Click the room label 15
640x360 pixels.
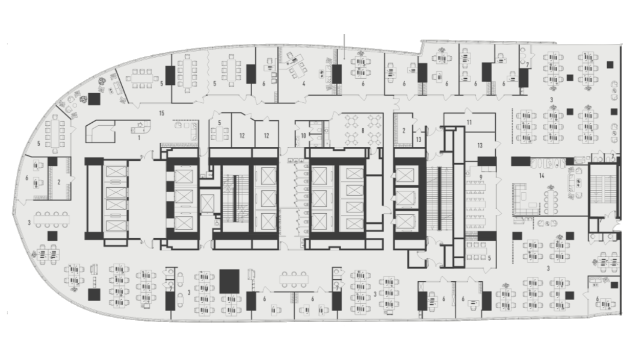(x=162, y=114)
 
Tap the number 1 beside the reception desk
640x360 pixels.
(x=139, y=138)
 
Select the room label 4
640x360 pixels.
(x=304, y=84)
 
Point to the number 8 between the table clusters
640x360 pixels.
(x=363, y=131)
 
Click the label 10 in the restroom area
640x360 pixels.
(x=303, y=136)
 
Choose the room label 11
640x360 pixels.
(x=469, y=123)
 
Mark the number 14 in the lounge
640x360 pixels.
(x=542, y=176)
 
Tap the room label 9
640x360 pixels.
(x=481, y=177)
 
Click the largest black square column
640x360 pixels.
(x=229, y=281)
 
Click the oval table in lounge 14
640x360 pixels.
(x=550, y=202)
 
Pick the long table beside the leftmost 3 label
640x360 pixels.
(x=52, y=219)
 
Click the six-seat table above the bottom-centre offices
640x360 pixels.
(x=294, y=279)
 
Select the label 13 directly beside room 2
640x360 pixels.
(x=418, y=140)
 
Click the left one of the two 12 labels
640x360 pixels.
(x=242, y=136)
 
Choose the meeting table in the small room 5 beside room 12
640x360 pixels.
(x=219, y=133)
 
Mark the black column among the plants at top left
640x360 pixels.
(x=94, y=99)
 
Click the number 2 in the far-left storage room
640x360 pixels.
(x=59, y=182)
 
